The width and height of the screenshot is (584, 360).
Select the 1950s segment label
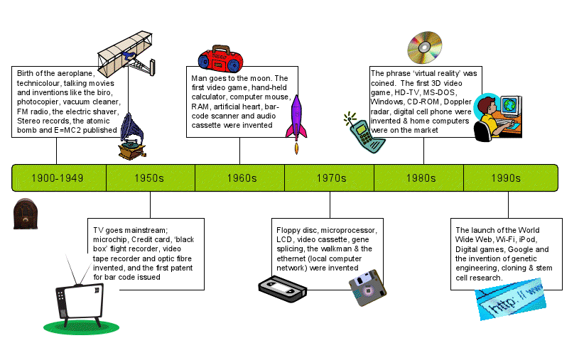click(149, 178)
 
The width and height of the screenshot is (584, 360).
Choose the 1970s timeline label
click(331, 178)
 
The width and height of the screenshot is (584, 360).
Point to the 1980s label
click(421, 178)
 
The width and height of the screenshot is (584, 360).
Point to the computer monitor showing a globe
click(512, 107)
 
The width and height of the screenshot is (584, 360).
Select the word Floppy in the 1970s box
click(290, 231)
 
